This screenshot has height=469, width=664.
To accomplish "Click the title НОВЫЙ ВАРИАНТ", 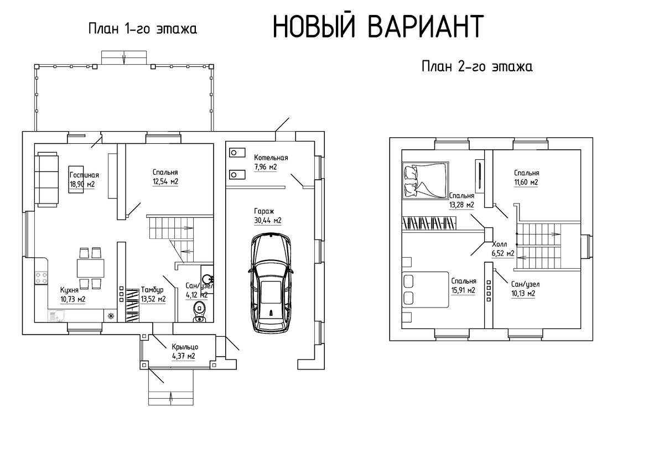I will (378, 26).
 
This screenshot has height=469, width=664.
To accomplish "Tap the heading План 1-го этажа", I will (143, 29).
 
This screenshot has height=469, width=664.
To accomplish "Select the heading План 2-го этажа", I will (477, 67).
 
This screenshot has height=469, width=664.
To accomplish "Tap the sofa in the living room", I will (47, 179).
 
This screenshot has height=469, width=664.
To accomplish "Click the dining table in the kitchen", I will (89, 269).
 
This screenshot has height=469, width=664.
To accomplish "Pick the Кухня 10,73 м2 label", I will (73, 294).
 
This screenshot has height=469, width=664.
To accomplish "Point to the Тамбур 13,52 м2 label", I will (153, 294).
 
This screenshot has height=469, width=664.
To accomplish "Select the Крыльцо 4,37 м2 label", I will (184, 352).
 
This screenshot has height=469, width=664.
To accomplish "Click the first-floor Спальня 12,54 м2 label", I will (165, 176).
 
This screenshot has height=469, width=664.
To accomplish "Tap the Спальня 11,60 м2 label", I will (526, 177).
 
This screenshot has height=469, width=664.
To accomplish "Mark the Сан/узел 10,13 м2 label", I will (525, 289).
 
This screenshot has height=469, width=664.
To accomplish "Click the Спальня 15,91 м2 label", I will (463, 285).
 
